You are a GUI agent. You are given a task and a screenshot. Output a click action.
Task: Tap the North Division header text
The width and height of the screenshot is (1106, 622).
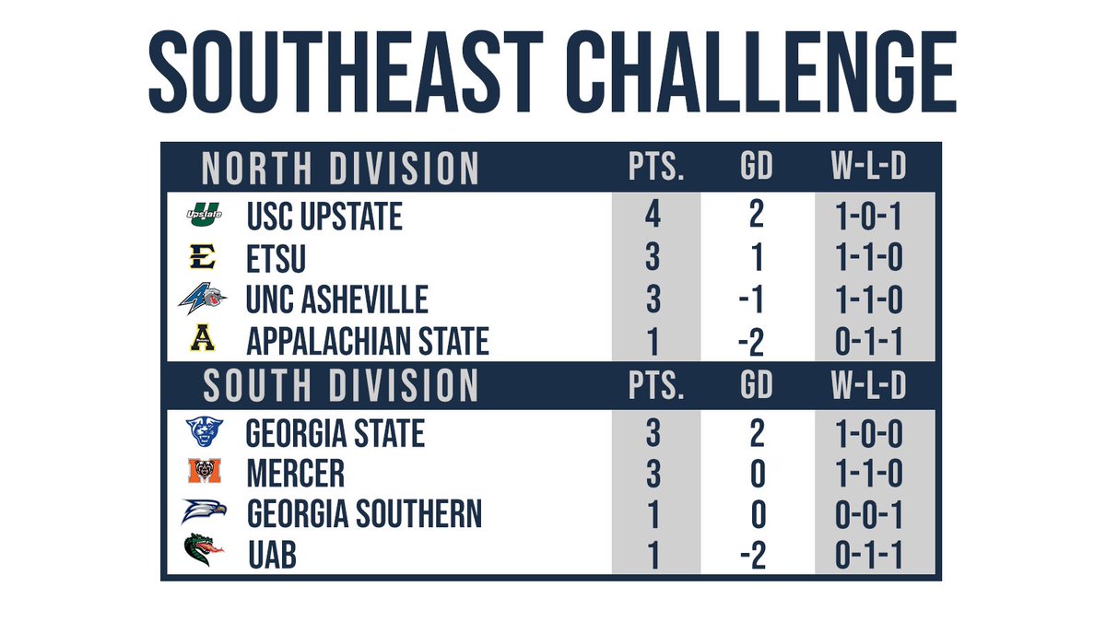340,169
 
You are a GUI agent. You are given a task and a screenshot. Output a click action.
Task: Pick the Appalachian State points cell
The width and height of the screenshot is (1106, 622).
653,342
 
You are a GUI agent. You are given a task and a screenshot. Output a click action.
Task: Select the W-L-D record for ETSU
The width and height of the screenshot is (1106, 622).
866,259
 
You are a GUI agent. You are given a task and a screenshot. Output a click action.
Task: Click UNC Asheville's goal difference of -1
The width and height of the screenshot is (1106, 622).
756,300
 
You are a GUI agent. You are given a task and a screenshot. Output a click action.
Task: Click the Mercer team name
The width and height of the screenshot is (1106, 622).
296,474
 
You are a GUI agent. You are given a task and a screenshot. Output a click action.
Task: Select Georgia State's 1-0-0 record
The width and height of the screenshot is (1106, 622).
866,432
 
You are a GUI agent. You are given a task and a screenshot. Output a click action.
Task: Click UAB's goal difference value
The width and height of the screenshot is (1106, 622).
756,557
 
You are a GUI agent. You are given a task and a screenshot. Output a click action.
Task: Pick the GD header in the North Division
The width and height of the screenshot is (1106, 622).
756,169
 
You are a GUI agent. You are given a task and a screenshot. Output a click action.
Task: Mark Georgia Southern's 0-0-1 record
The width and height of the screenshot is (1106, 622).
866,515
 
